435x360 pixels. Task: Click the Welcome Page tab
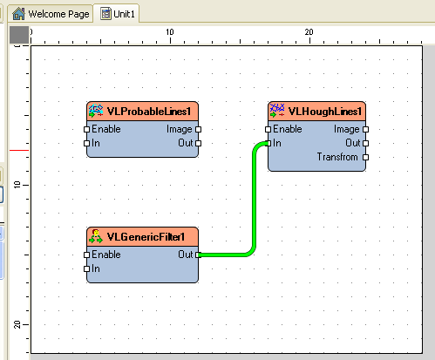click(51, 14)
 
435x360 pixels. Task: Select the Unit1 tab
click(118, 14)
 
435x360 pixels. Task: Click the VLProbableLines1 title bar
click(142, 112)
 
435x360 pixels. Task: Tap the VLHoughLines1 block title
click(316, 112)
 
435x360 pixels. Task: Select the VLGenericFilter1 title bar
click(142, 237)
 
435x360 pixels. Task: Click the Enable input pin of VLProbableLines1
click(86, 129)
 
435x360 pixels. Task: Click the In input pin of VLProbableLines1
click(86, 143)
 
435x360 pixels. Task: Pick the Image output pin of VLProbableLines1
click(199, 129)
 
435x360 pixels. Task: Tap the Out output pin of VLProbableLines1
click(199, 143)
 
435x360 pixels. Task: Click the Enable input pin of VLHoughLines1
click(268, 129)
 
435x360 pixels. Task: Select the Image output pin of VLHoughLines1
click(366, 129)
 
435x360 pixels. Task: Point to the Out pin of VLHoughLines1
click(366, 143)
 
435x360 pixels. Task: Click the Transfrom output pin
click(366, 157)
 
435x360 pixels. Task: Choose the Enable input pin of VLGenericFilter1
click(86, 255)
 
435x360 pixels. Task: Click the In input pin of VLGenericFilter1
click(86, 268)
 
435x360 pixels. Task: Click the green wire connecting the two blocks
click(255, 200)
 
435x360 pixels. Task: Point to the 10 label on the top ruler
click(170, 32)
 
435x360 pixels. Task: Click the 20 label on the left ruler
click(17, 324)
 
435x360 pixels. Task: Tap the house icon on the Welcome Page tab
click(19, 14)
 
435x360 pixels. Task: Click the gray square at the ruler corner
click(19, 35)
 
